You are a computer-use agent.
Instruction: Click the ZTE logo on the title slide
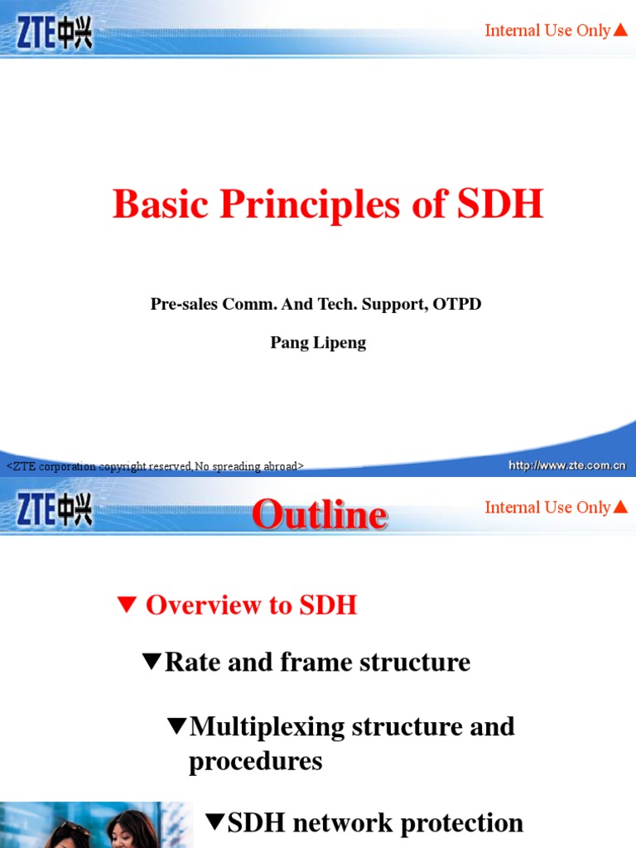(55, 33)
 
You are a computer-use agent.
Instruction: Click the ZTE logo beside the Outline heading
(55, 510)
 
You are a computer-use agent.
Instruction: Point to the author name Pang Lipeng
(318, 343)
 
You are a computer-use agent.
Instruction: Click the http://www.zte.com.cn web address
(567, 465)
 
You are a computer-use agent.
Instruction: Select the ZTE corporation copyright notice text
(156, 467)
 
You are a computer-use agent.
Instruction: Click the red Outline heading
(320, 514)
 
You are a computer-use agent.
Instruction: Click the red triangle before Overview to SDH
(127, 605)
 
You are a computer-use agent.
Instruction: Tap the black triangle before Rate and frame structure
(152, 662)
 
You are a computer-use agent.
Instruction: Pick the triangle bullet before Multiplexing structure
(176, 726)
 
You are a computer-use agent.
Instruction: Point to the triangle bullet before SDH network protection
(214, 822)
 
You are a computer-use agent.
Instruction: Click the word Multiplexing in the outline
(267, 727)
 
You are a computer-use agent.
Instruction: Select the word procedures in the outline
(255, 761)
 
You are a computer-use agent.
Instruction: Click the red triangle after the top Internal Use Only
(620, 31)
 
